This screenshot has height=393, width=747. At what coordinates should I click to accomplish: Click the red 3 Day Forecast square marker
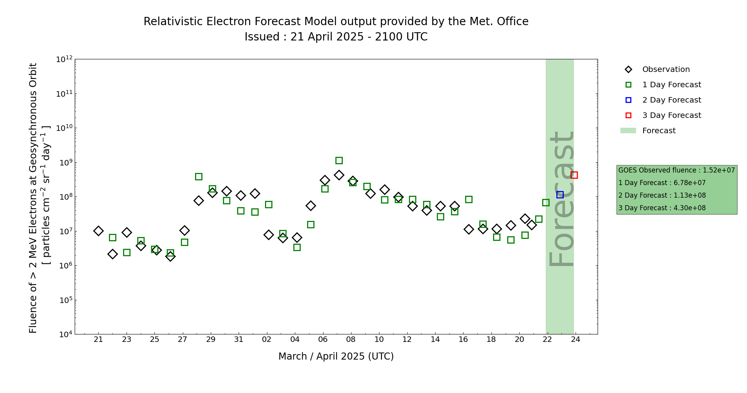(x=574, y=175)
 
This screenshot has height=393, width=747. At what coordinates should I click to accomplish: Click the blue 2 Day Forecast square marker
(x=560, y=195)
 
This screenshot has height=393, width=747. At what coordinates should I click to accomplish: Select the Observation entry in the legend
(x=666, y=70)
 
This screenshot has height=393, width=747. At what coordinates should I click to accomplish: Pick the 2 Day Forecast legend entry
(x=671, y=100)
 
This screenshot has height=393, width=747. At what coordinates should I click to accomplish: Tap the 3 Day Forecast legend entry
(x=671, y=116)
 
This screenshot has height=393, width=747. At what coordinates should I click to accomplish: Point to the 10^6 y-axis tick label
(x=64, y=265)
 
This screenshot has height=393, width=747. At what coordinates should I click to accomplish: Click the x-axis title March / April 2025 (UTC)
(x=336, y=356)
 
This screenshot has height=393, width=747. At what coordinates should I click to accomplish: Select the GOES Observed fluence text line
(x=676, y=170)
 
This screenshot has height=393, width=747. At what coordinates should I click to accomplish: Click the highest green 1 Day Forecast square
(x=339, y=160)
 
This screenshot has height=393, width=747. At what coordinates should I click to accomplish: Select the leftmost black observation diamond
(x=98, y=231)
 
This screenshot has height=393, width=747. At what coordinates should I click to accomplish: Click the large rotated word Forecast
(x=561, y=199)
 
